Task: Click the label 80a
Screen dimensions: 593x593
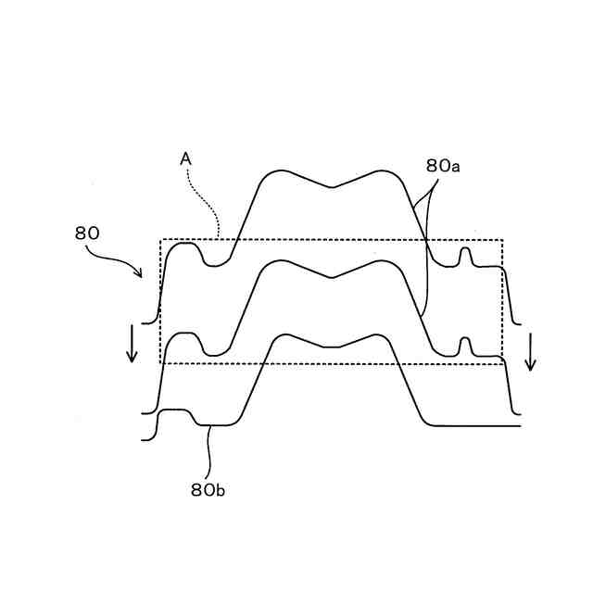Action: pyautogui.click(x=444, y=166)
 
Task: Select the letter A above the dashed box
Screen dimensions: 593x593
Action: pyautogui.click(x=185, y=159)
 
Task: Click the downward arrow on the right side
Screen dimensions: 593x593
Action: pyautogui.click(x=530, y=351)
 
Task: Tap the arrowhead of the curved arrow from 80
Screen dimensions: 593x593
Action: pyautogui.click(x=139, y=273)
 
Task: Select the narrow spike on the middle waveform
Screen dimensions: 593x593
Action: pyautogui.click(x=466, y=346)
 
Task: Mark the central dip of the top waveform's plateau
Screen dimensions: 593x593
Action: pyautogui.click(x=331, y=188)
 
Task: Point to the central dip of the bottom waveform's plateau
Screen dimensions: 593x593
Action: pyautogui.click(x=332, y=346)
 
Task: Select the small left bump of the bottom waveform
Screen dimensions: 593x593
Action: pyautogui.click(x=176, y=411)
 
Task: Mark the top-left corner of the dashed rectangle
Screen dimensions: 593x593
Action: pyautogui.click(x=161, y=240)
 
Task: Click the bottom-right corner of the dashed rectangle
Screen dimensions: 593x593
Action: pyautogui.click(x=502, y=363)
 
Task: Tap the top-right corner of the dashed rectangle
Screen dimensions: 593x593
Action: pyautogui.click(x=502, y=240)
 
